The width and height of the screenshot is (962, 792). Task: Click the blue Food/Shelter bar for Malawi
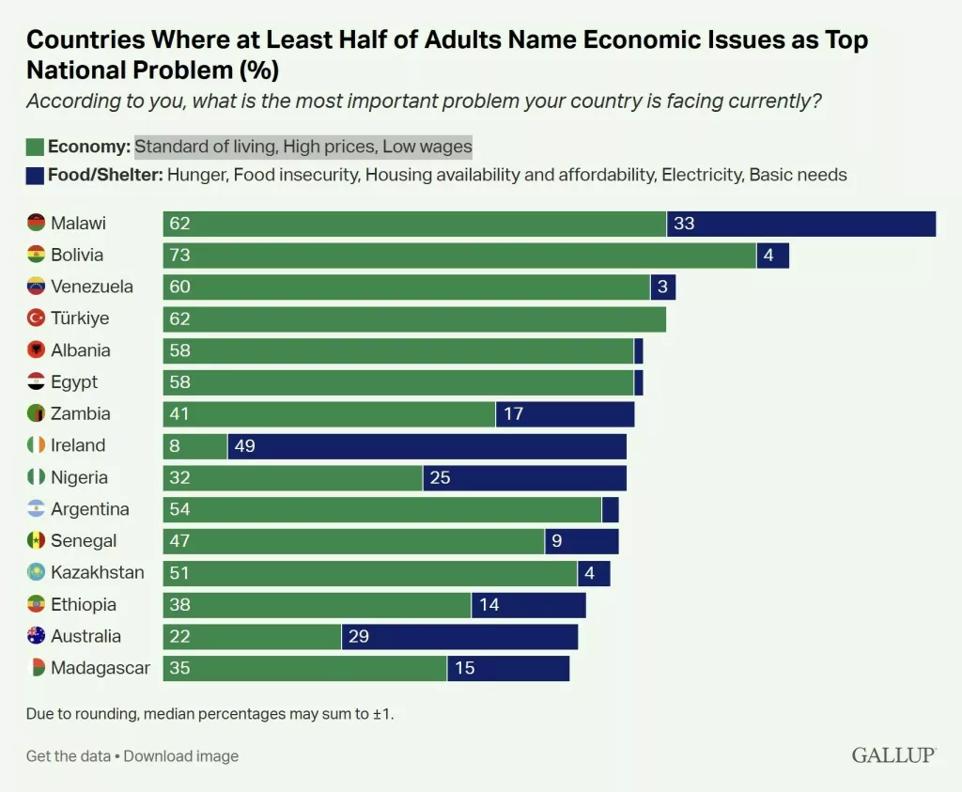[801, 224]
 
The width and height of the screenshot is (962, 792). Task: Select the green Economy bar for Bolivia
[458, 256]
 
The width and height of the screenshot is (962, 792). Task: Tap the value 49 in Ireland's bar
[244, 446]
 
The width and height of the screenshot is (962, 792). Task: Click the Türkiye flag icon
[36, 318]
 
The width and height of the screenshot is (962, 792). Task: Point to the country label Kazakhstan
[98, 573]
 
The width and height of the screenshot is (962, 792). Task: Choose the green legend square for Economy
[35, 147]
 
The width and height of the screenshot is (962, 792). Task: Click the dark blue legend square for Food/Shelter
[35, 175]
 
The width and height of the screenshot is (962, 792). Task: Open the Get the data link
[69, 756]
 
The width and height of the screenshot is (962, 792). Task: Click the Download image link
[181, 756]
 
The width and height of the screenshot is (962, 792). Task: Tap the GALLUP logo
[893, 755]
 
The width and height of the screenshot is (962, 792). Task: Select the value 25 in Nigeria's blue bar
[440, 478]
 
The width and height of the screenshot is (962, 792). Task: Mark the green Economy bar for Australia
[252, 637]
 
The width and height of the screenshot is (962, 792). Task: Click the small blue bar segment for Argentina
[610, 509]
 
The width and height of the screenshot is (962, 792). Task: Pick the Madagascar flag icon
[36, 668]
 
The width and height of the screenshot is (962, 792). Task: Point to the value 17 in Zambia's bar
[513, 414]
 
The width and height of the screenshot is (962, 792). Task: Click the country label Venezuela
[92, 287]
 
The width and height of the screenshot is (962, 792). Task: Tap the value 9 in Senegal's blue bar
[557, 541]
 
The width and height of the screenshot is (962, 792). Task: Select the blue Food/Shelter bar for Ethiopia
[528, 605]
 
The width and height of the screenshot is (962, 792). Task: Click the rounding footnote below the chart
[210, 714]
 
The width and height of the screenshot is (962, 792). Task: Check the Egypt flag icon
[36, 382]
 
